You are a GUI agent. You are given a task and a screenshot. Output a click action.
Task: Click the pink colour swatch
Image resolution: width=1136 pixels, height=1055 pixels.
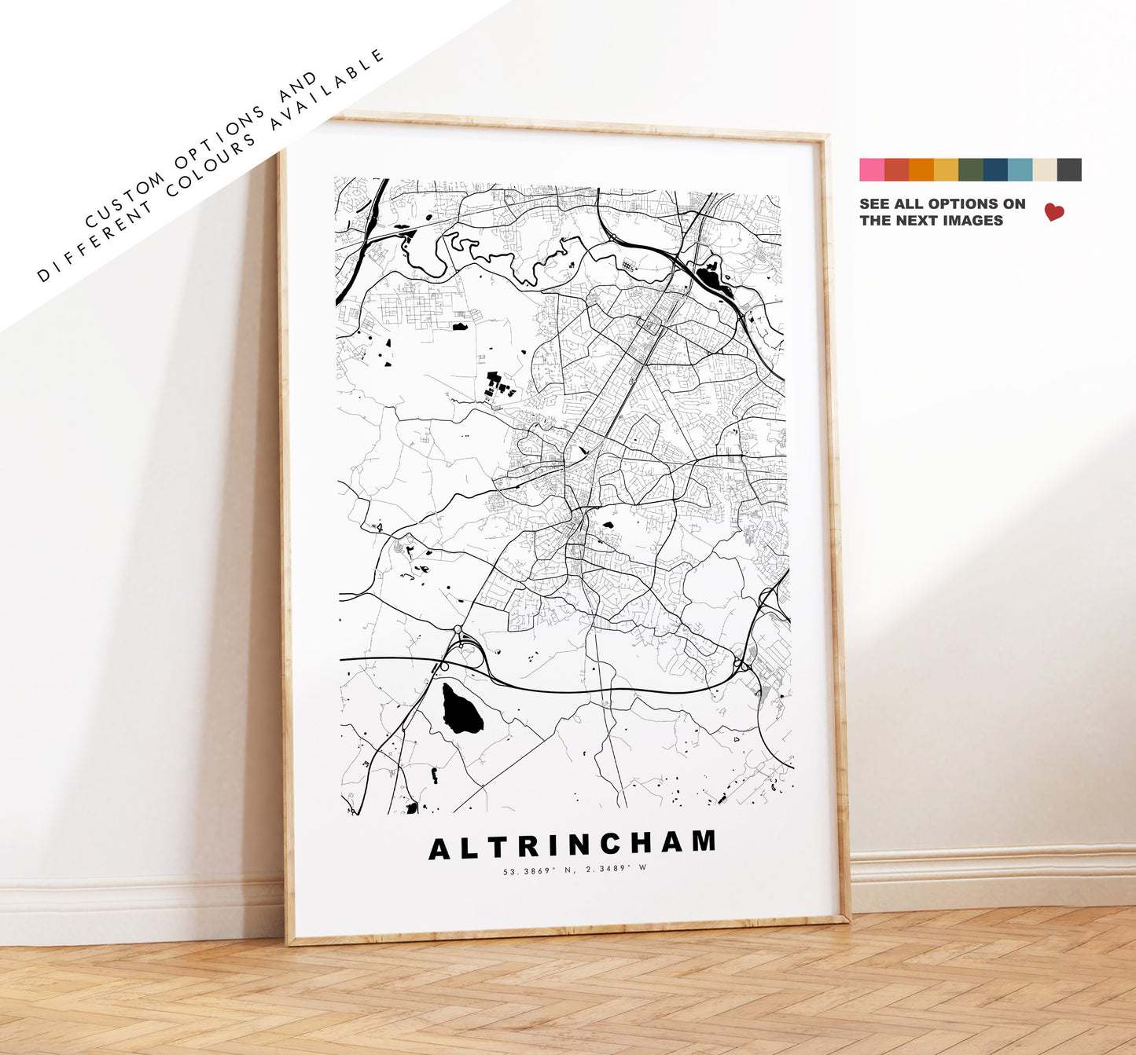[871, 170]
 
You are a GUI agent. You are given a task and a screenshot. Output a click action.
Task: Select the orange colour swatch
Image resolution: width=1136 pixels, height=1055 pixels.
[921, 170]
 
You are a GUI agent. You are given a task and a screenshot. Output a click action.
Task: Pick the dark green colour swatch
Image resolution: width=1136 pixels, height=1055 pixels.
[970, 170]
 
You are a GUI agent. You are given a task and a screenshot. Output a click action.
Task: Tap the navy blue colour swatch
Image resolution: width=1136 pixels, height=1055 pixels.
[994, 170]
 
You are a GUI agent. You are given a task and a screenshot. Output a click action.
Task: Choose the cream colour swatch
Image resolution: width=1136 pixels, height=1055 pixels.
[1044, 170]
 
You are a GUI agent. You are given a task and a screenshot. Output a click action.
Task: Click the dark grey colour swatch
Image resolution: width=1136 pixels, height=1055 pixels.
[1069, 170]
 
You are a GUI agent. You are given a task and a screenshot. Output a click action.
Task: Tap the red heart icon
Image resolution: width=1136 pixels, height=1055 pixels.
[1054, 212]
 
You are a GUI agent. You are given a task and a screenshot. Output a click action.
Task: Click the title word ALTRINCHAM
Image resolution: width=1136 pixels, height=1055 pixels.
[572, 845]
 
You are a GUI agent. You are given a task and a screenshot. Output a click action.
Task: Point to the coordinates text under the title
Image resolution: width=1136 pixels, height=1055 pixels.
[575, 869]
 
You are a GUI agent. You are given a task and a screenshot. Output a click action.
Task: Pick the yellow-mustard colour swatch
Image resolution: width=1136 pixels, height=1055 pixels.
[946, 170]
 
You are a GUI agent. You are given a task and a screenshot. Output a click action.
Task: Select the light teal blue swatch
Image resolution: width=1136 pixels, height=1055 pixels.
[1020, 170]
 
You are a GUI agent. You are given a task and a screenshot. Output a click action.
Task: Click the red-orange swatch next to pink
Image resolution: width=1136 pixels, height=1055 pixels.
[896, 170]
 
